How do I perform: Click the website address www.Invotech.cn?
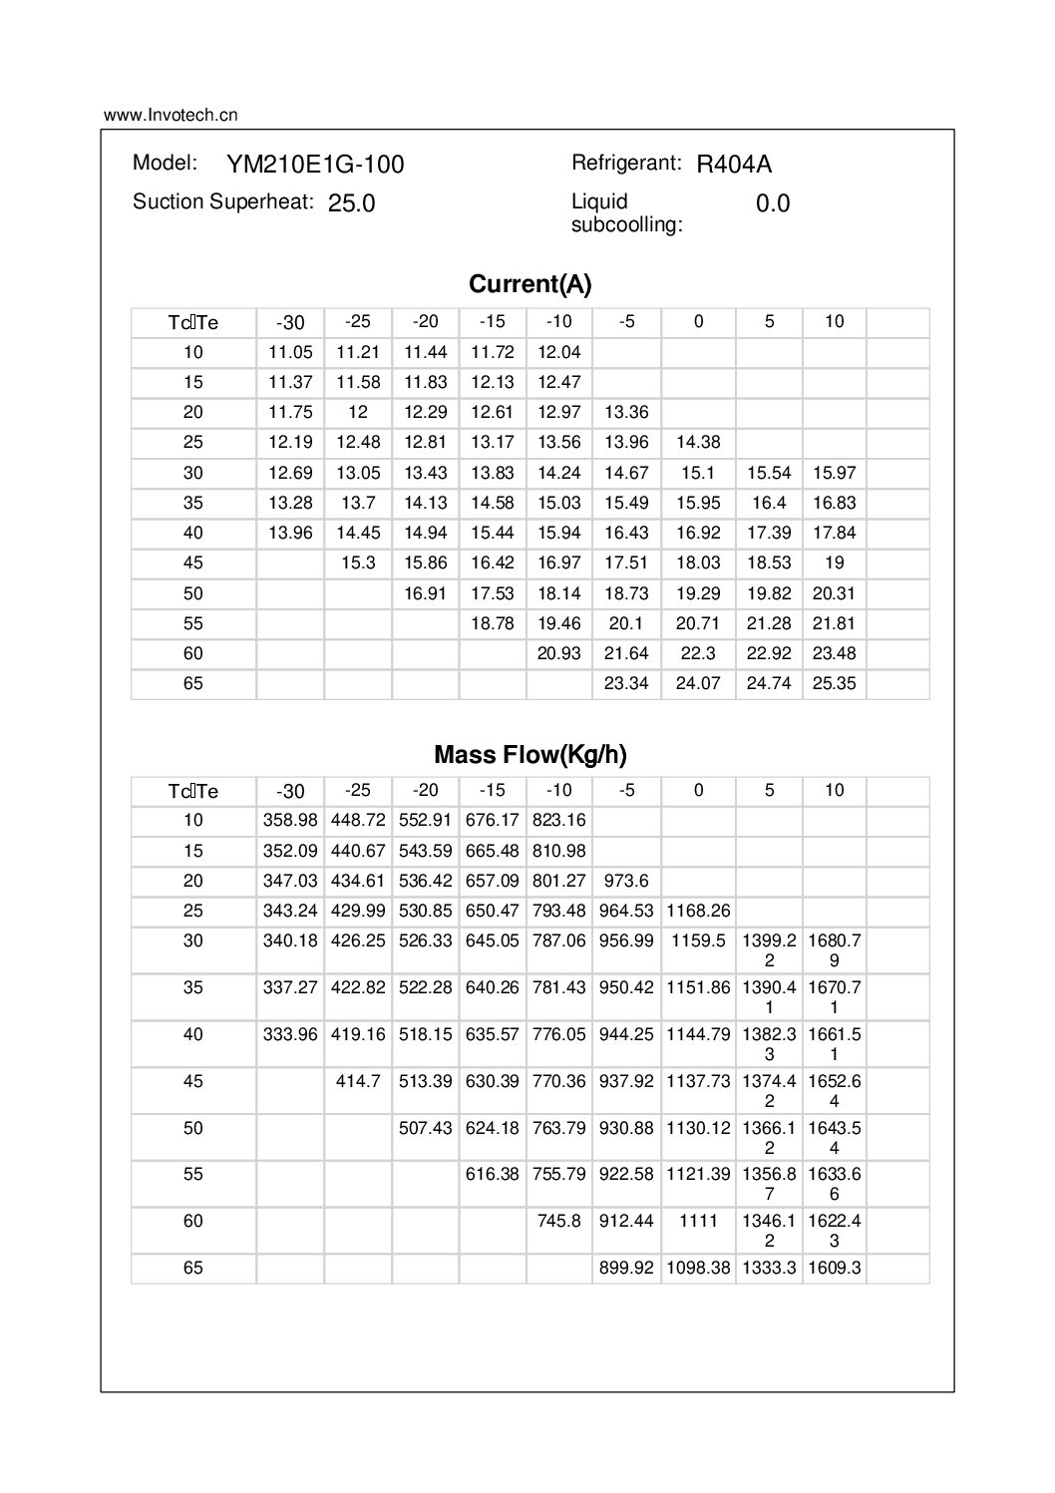pyautogui.click(x=171, y=115)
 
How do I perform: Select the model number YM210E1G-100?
pyautogui.click(x=315, y=165)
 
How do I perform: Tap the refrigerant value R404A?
pyautogui.click(x=734, y=165)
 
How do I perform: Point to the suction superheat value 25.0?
pyautogui.click(x=352, y=203)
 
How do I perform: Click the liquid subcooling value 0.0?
pyautogui.click(x=773, y=203)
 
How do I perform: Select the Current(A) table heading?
pyautogui.click(x=529, y=284)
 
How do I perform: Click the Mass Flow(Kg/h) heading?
pyautogui.click(x=529, y=754)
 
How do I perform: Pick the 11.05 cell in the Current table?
pyautogui.click(x=290, y=352)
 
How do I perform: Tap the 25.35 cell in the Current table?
pyautogui.click(x=835, y=684)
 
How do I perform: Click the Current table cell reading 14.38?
pyautogui.click(x=698, y=442)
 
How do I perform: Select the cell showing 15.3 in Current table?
pyautogui.click(x=358, y=562)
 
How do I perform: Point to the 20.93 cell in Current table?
pyautogui.click(x=559, y=653)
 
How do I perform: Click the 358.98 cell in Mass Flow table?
pyautogui.click(x=290, y=820)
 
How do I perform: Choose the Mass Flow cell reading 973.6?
pyautogui.click(x=626, y=881)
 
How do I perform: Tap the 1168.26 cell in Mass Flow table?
pyautogui.click(x=698, y=911)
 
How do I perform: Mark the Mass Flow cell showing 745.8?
pyautogui.click(x=559, y=1220)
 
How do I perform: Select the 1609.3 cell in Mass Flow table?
pyautogui.click(x=835, y=1268)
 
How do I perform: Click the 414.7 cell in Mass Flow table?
pyautogui.click(x=358, y=1080)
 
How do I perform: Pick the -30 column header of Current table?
pyautogui.click(x=290, y=322)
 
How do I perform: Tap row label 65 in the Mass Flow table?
pyautogui.click(x=193, y=1268)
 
